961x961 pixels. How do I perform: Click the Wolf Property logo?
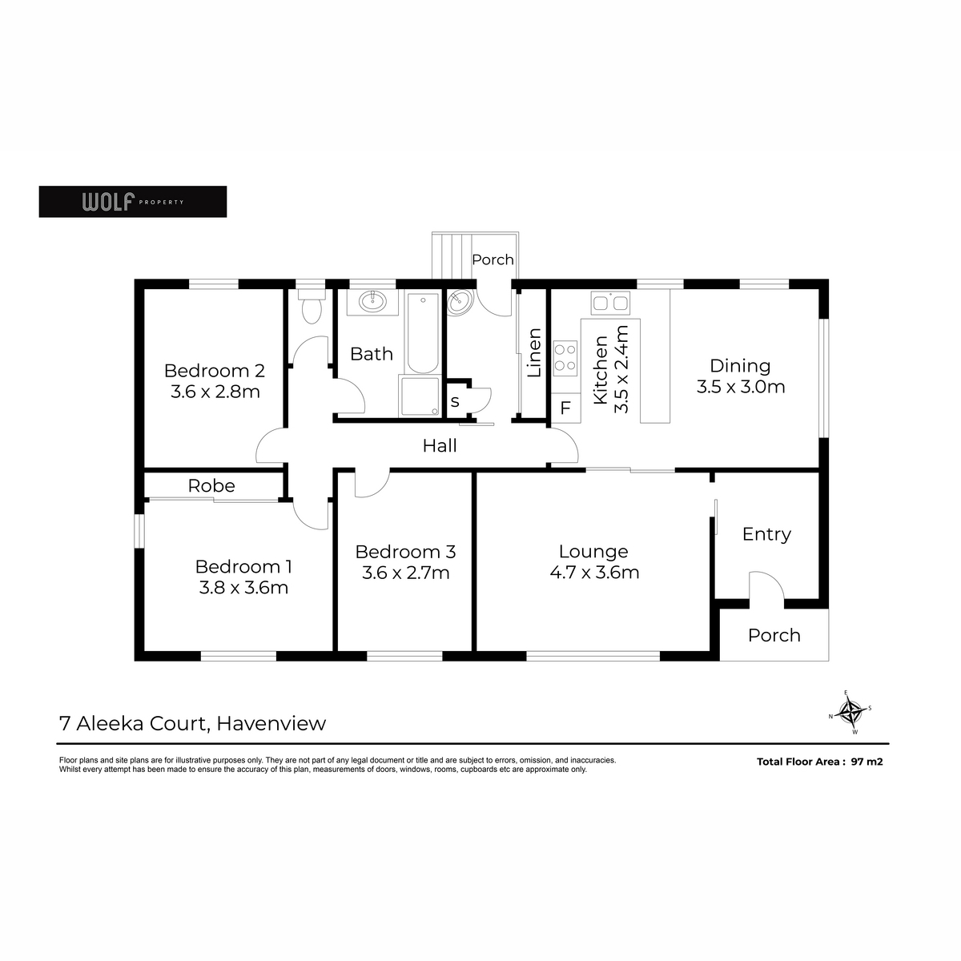pos(133,202)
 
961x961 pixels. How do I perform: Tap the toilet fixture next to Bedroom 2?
pos(312,306)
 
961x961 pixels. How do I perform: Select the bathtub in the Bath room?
pos(423,332)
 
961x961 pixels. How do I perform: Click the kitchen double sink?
pos(610,303)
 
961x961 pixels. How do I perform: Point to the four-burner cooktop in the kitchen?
pos(565,358)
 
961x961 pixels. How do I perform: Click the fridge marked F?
pos(565,408)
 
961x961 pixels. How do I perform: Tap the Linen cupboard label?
pos(534,352)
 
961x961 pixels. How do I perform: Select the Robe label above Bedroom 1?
pos(211,486)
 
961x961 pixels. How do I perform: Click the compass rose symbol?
pos(850,712)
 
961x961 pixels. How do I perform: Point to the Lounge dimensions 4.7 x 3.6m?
pos(594,572)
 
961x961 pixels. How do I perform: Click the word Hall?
pos(440,446)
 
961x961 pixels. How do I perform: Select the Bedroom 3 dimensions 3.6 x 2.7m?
pos(405,573)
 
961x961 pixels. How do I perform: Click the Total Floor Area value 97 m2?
pos(867,762)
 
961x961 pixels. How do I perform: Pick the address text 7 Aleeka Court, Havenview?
pos(192,723)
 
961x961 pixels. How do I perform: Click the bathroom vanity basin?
pos(372,301)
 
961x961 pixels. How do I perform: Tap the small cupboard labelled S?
pos(455,401)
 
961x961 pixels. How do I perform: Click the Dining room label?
pos(740,365)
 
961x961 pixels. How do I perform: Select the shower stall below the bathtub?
pos(420,396)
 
